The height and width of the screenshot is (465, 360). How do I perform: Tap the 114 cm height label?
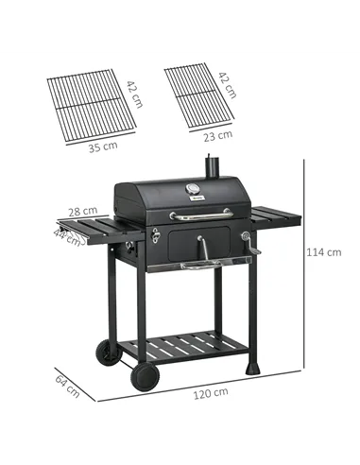click(327, 252)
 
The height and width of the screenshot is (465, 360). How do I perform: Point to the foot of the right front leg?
click(250, 367)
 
